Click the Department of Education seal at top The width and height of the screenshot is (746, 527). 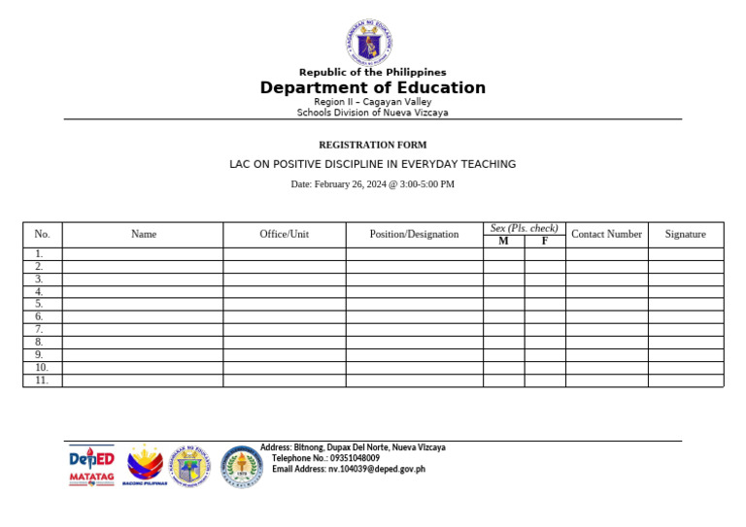(x=372, y=41)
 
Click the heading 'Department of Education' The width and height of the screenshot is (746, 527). (x=372, y=88)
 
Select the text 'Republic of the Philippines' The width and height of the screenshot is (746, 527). (x=372, y=73)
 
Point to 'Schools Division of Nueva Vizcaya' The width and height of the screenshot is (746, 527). (x=372, y=113)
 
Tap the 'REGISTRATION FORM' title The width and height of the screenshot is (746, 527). (x=372, y=145)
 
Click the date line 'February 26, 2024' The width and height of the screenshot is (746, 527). (x=372, y=183)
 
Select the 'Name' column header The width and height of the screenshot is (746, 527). (x=143, y=234)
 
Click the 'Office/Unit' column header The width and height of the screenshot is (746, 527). (x=284, y=234)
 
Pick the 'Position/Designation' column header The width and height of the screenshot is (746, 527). (x=414, y=234)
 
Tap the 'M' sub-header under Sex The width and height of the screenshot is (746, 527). (x=503, y=242)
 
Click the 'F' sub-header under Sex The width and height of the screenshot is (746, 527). (x=545, y=242)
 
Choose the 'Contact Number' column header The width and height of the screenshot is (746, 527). (x=606, y=234)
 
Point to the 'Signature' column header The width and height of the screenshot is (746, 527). (x=685, y=234)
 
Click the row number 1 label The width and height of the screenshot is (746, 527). (x=39, y=254)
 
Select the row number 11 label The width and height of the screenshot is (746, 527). (x=42, y=380)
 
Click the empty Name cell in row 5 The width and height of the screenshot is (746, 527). (x=143, y=304)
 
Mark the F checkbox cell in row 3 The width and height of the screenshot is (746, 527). (x=545, y=280)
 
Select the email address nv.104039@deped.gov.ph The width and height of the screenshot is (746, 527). (x=348, y=470)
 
